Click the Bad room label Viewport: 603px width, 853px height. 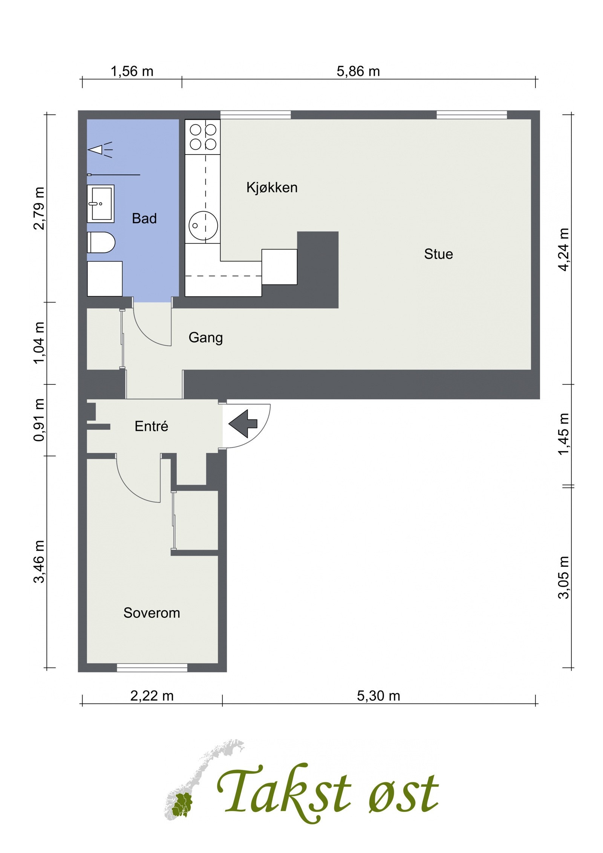(144, 219)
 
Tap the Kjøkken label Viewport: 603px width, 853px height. (272, 187)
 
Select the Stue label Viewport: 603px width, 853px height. (438, 254)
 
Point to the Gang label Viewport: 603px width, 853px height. (205, 338)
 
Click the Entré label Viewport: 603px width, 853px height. (151, 426)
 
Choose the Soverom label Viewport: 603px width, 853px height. (152, 613)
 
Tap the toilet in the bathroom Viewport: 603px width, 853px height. (101, 242)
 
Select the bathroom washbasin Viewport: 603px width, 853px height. (101, 204)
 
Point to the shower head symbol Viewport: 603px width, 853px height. (100, 150)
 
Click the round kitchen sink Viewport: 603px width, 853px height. (203, 225)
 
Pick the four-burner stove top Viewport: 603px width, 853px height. (203, 137)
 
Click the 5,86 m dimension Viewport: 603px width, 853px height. (358, 71)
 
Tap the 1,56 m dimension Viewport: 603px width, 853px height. (132, 71)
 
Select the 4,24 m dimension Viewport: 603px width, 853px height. (564, 249)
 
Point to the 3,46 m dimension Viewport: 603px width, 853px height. (39, 562)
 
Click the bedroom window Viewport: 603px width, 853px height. (152, 668)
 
